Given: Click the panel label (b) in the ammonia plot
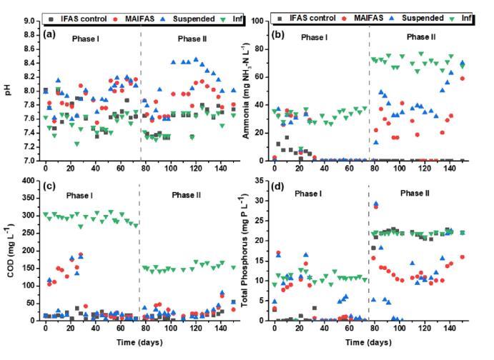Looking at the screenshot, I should click(281, 33).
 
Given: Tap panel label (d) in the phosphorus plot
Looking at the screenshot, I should click(281, 188).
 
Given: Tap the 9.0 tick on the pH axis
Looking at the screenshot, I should click(28, 21).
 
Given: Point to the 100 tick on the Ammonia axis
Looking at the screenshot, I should click(258, 21).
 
